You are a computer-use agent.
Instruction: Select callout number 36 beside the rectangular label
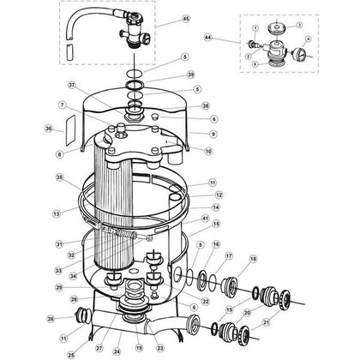coord(48,129)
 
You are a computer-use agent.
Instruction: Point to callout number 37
coord(72,85)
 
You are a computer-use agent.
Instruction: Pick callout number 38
coord(205,105)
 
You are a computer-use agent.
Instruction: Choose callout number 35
coord(60,178)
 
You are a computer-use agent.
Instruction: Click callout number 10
coord(208,150)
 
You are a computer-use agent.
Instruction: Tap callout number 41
coord(205,219)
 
